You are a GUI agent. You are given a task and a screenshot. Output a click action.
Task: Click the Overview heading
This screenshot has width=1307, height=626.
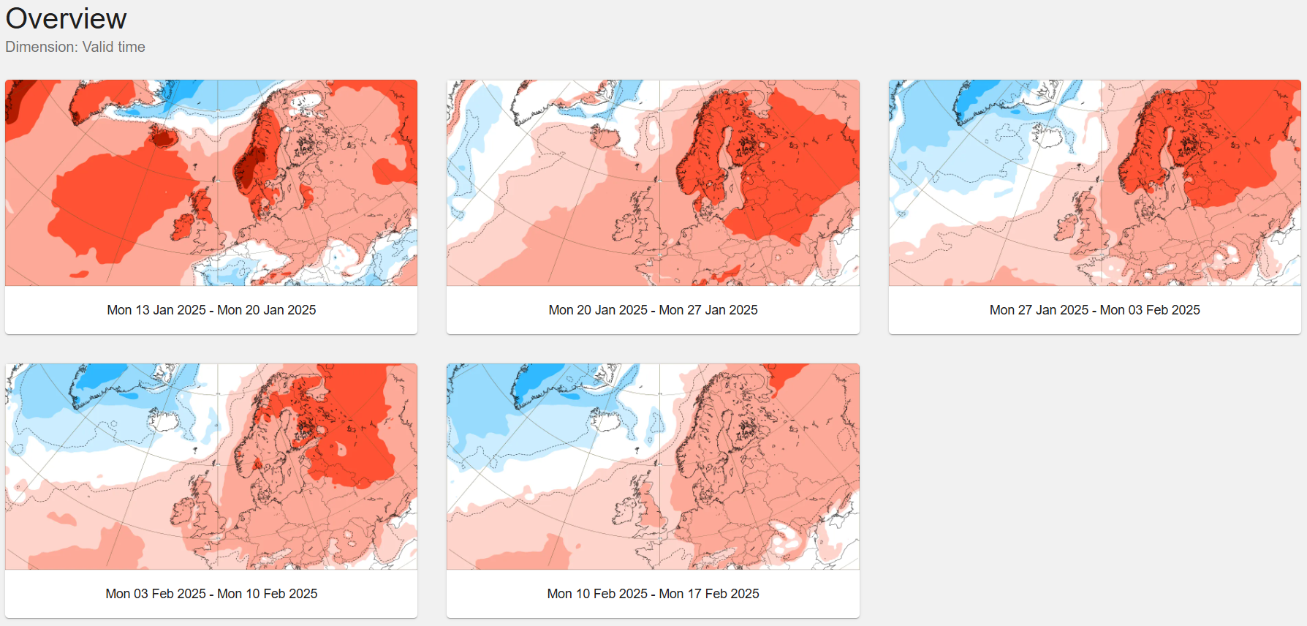[67, 19]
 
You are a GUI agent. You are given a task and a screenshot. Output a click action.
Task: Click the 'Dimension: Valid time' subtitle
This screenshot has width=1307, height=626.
[75, 47]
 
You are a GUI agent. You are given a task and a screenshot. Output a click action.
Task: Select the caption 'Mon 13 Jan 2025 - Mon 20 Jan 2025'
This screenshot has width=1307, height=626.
[211, 310]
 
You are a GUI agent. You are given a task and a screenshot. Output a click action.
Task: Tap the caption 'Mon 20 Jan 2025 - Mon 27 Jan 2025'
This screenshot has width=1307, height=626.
[653, 310]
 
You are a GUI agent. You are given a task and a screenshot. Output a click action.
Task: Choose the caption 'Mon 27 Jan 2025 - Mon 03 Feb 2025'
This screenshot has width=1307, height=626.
[1094, 310]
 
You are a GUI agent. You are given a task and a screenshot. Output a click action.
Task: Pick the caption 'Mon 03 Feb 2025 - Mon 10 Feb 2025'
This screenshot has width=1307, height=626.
[211, 594]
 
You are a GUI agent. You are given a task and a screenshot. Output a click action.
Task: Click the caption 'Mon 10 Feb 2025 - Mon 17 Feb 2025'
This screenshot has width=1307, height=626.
[653, 594]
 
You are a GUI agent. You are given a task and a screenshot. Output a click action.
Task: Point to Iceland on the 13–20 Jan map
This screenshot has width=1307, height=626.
[163, 136]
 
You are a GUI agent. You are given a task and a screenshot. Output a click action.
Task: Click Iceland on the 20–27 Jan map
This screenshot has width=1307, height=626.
[605, 136]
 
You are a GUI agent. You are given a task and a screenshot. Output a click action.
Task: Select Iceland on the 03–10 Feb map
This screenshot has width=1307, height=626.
[163, 420]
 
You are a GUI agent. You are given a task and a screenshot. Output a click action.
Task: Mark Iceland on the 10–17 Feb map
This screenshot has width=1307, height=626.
[605, 420]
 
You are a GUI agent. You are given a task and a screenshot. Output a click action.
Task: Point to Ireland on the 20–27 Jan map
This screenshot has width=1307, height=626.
[624, 227]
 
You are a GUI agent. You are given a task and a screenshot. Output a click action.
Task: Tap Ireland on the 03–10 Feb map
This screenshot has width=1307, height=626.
[183, 511]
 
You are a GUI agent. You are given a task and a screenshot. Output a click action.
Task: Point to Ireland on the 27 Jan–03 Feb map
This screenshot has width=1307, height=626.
[1066, 227]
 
